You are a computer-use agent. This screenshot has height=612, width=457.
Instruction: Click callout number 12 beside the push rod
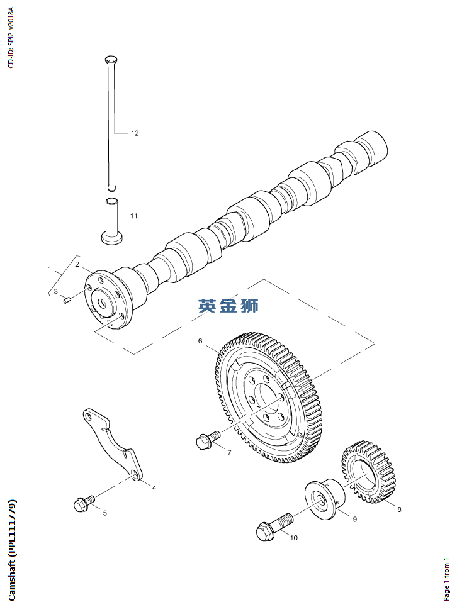135,133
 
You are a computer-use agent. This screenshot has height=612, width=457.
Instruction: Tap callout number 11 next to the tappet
133,216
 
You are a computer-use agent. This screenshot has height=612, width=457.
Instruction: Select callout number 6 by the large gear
200,341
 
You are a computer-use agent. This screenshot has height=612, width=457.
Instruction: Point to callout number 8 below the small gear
398,509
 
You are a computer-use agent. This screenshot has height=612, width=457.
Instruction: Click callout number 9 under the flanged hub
354,519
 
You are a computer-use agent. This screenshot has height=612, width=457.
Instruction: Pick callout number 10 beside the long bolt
293,537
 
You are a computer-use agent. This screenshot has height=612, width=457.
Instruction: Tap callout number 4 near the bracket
154,487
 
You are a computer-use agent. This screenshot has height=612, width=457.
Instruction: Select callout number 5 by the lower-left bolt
104,513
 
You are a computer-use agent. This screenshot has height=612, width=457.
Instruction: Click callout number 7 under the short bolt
229,452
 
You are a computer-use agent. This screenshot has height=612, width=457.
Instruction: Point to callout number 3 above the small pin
55,291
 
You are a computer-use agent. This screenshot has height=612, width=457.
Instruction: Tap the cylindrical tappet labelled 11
112,221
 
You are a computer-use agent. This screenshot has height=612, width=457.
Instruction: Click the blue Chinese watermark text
228,306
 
